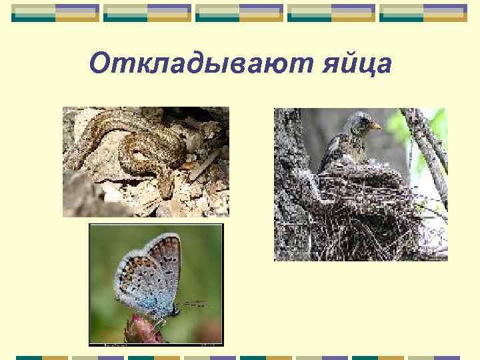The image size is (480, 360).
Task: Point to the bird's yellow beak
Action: (x=377, y=125)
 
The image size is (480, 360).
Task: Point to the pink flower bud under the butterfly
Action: (x=143, y=330)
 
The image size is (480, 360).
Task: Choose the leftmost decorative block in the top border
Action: (x=55, y=13)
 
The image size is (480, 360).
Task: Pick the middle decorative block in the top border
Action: (x=239, y=13)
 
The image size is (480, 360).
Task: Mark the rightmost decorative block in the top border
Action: (x=423, y=13)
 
